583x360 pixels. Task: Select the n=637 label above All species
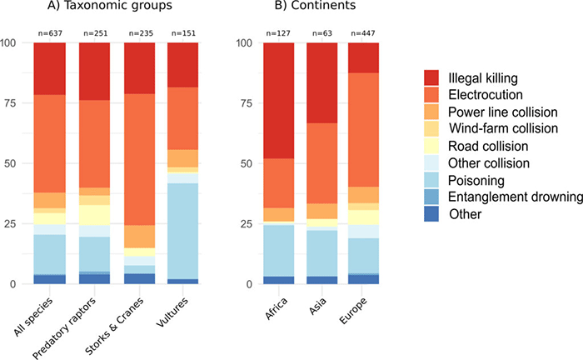49,34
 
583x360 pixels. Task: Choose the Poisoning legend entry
471,181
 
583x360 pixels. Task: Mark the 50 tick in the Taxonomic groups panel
11,163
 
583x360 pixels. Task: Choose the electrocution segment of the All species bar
49,132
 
